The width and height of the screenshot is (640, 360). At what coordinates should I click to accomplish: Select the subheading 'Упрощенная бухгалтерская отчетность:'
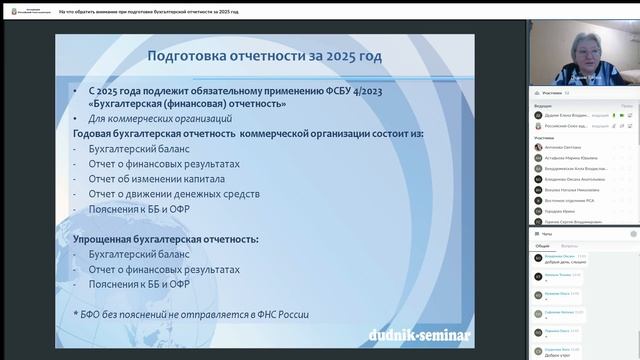click(x=166, y=240)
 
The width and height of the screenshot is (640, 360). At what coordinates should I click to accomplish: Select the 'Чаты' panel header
click(x=546, y=233)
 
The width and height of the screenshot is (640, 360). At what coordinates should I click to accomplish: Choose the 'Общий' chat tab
click(x=542, y=245)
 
